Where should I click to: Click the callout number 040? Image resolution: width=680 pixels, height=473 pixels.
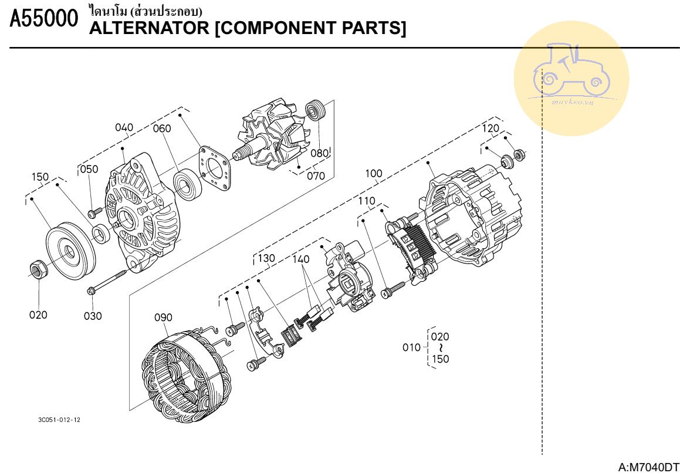click(124, 127)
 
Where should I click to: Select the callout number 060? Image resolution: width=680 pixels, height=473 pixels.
click(162, 129)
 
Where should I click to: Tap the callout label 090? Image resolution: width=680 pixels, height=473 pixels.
click(163, 317)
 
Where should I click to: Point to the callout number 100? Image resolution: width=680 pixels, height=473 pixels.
click(373, 173)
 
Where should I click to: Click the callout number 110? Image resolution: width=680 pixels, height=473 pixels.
click(367, 201)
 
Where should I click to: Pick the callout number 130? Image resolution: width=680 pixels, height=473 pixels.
click(266, 258)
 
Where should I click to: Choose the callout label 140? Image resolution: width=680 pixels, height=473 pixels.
click(302, 258)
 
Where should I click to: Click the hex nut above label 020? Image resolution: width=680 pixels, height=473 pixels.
click(38, 269)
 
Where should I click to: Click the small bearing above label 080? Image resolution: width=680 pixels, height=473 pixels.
click(316, 111)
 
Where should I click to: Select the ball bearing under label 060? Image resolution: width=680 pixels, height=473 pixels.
click(189, 184)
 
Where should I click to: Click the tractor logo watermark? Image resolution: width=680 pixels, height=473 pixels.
click(571, 78)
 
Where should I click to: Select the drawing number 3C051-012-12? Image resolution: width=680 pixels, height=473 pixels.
click(59, 420)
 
